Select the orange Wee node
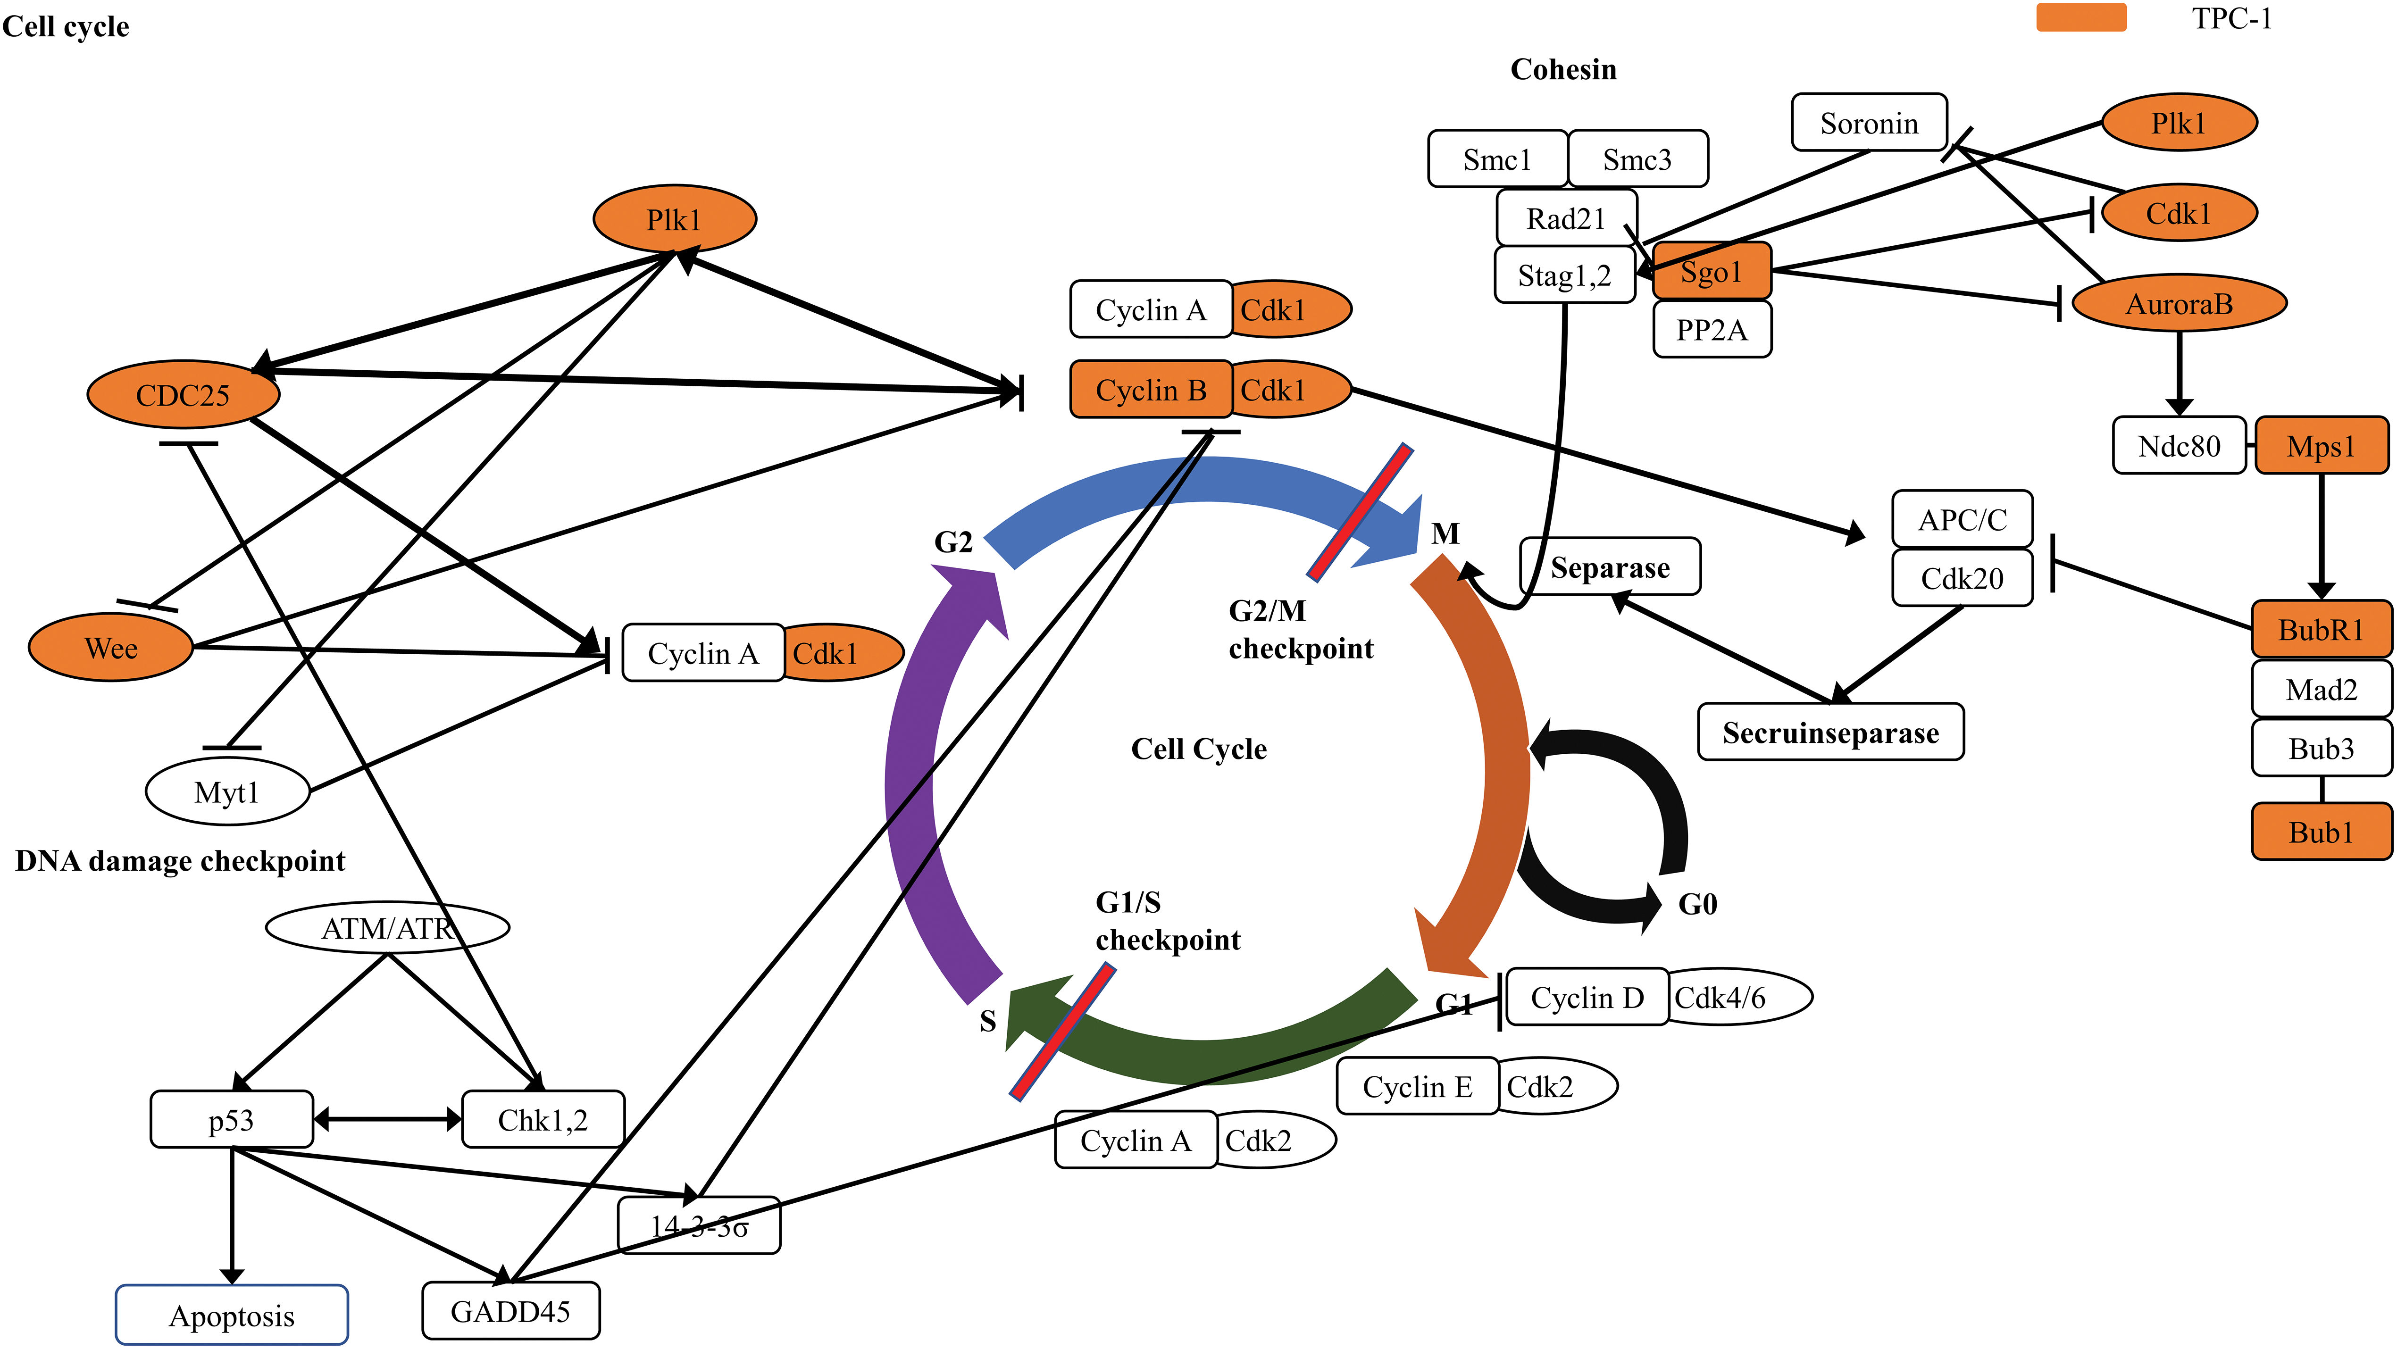click(111, 648)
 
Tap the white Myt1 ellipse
click(227, 792)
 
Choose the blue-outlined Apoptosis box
click(232, 1315)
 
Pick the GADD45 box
click(511, 1311)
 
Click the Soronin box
click(1870, 122)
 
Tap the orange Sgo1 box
click(1712, 272)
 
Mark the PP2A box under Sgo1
click(1712, 329)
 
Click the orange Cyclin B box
click(1151, 389)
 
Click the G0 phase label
click(1697, 903)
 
